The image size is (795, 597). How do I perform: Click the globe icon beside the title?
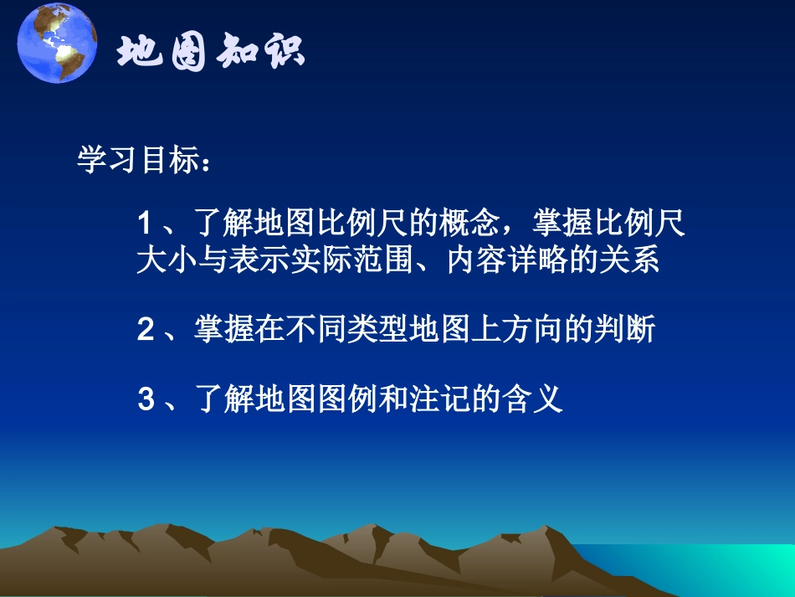(57, 44)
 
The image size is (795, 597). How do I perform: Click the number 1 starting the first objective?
(143, 224)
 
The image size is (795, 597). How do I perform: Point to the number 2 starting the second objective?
(145, 330)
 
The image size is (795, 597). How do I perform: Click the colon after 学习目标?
(203, 162)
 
